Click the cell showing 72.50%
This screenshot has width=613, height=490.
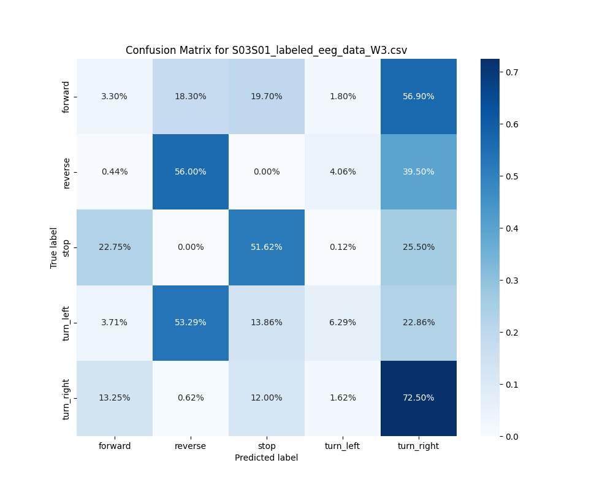(x=419, y=398)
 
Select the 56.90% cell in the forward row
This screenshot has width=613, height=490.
(x=419, y=97)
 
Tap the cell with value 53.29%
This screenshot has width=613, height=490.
(x=191, y=323)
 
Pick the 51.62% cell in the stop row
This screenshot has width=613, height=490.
(x=267, y=247)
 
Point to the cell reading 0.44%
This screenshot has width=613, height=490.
(x=115, y=172)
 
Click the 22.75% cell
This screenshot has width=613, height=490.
(x=115, y=247)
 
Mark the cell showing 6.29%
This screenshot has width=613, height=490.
(x=343, y=323)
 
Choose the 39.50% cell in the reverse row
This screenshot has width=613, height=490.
(x=419, y=172)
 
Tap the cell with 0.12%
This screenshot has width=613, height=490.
(x=343, y=247)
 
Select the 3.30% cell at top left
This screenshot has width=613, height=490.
(x=115, y=97)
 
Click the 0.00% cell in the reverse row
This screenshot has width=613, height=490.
(x=267, y=172)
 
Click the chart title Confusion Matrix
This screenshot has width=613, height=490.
(x=266, y=50)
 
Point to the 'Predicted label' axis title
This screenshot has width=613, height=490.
(x=266, y=458)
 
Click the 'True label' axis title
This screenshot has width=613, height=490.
(x=54, y=247)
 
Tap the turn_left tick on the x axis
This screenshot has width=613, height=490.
(x=343, y=446)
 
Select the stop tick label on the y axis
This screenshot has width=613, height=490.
(x=66, y=247)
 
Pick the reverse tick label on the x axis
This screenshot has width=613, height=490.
(x=191, y=446)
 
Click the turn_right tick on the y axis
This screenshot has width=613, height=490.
(x=66, y=398)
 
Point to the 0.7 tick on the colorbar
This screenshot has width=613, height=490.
(x=512, y=72)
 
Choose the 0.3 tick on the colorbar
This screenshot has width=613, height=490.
(x=512, y=281)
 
